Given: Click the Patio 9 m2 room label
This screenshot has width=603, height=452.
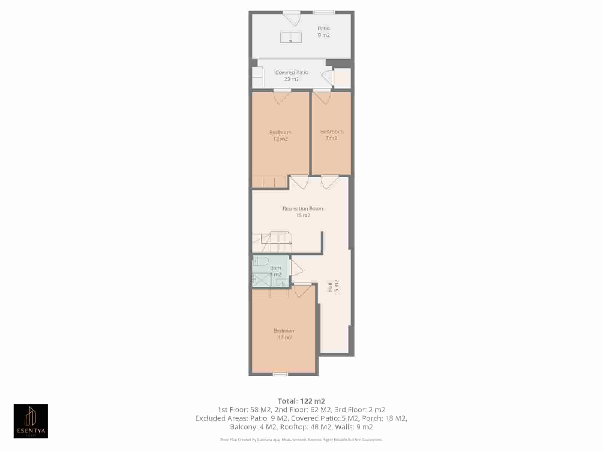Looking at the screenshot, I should pos(323,32).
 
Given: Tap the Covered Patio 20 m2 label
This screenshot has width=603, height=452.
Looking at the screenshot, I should pos(292,76).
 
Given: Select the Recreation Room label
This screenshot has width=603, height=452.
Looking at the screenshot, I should pos(303,212).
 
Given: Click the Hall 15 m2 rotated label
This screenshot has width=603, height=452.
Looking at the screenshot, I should pos(333,287).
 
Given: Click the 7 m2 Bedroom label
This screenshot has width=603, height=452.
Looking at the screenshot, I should pos(331,135).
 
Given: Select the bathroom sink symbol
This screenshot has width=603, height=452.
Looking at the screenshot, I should pos(282,282).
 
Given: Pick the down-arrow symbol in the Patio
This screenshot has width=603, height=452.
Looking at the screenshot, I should pos(291,38).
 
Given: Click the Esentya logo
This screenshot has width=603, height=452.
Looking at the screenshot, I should pos(31,421).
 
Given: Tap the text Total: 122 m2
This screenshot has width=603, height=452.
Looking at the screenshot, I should pos(301,401).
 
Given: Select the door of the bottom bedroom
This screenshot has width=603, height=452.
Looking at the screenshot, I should pos(303,290).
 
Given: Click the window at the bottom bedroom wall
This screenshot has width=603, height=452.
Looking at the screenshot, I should pos(280,374).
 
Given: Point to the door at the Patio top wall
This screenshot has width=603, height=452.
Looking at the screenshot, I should pos(292,18).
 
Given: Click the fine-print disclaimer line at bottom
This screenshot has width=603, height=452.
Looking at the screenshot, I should pos(301,440).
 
